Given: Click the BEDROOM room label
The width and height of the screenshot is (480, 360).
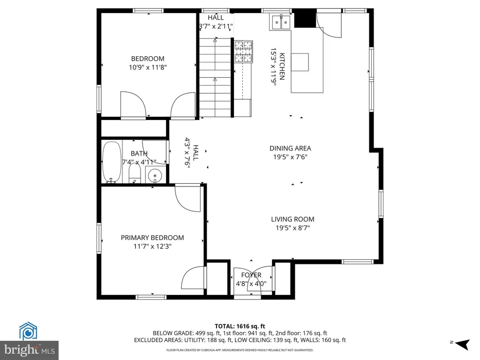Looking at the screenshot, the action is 148,59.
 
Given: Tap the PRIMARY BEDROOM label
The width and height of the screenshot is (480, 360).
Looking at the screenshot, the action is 152,238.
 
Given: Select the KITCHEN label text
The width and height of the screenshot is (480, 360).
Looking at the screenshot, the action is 282,67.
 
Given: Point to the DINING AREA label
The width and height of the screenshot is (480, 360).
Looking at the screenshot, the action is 290,149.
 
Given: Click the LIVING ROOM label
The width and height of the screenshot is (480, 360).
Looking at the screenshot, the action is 292,219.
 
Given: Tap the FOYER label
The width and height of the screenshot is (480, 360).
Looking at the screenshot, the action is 251,275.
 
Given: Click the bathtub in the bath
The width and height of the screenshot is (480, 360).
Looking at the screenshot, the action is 112,162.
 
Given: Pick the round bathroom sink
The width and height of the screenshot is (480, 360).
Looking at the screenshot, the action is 155,176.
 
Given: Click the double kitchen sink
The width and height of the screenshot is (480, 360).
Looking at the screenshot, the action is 281,22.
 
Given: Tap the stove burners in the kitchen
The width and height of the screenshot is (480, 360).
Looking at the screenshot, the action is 244,52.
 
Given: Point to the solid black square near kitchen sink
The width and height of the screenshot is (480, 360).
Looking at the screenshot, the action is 305,19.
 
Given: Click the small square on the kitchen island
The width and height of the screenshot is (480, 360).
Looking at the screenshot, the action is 300,62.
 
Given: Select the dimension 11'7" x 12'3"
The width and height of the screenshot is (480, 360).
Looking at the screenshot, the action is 152,247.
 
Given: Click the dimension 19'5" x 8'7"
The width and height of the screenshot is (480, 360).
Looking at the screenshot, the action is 292,228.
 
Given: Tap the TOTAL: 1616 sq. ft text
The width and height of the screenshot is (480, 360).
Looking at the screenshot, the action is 240,326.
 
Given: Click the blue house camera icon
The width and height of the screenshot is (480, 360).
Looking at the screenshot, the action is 28,331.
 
